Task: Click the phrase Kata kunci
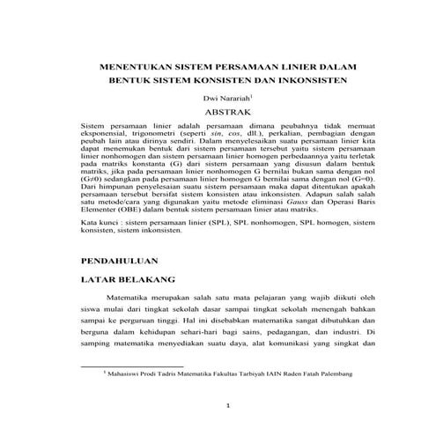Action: point(97,226)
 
